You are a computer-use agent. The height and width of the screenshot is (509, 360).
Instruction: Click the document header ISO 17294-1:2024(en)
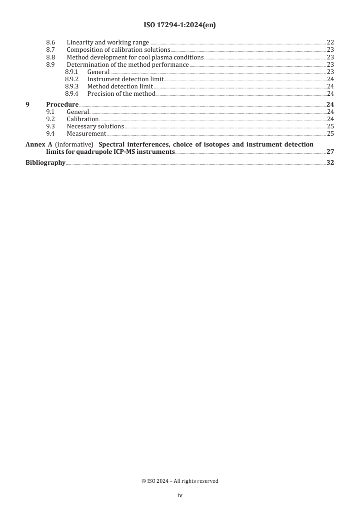(x=180, y=25)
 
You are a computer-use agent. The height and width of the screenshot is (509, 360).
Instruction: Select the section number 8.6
(x=51, y=43)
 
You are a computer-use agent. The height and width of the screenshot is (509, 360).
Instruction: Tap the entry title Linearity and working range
(x=108, y=43)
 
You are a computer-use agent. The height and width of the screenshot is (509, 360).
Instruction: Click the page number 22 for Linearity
(x=330, y=43)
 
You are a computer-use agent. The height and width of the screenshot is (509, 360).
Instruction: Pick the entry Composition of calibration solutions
(x=118, y=50)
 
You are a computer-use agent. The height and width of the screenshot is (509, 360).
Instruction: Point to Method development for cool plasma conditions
(x=135, y=58)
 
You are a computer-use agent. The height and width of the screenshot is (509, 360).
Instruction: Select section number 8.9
(x=51, y=64)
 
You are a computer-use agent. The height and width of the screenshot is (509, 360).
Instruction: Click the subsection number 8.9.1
(x=72, y=72)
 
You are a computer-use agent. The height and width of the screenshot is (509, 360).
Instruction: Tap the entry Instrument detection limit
(x=125, y=79)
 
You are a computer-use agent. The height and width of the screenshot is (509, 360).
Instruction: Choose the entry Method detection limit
(x=120, y=86)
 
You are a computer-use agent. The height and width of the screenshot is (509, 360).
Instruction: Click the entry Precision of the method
(x=121, y=94)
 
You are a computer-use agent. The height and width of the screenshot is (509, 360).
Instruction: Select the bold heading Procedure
(x=62, y=104)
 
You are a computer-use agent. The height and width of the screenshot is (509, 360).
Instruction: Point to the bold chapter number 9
(x=27, y=104)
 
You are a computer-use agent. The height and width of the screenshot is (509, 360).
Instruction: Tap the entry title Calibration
(x=83, y=119)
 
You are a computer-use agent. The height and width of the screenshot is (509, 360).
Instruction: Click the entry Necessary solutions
(x=95, y=127)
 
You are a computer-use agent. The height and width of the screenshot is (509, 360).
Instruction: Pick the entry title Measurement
(x=86, y=134)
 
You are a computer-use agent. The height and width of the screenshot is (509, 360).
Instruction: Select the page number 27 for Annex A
(x=330, y=152)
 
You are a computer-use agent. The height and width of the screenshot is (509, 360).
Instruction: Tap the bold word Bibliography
(x=45, y=163)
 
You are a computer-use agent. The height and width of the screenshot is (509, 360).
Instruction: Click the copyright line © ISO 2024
(x=180, y=481)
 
